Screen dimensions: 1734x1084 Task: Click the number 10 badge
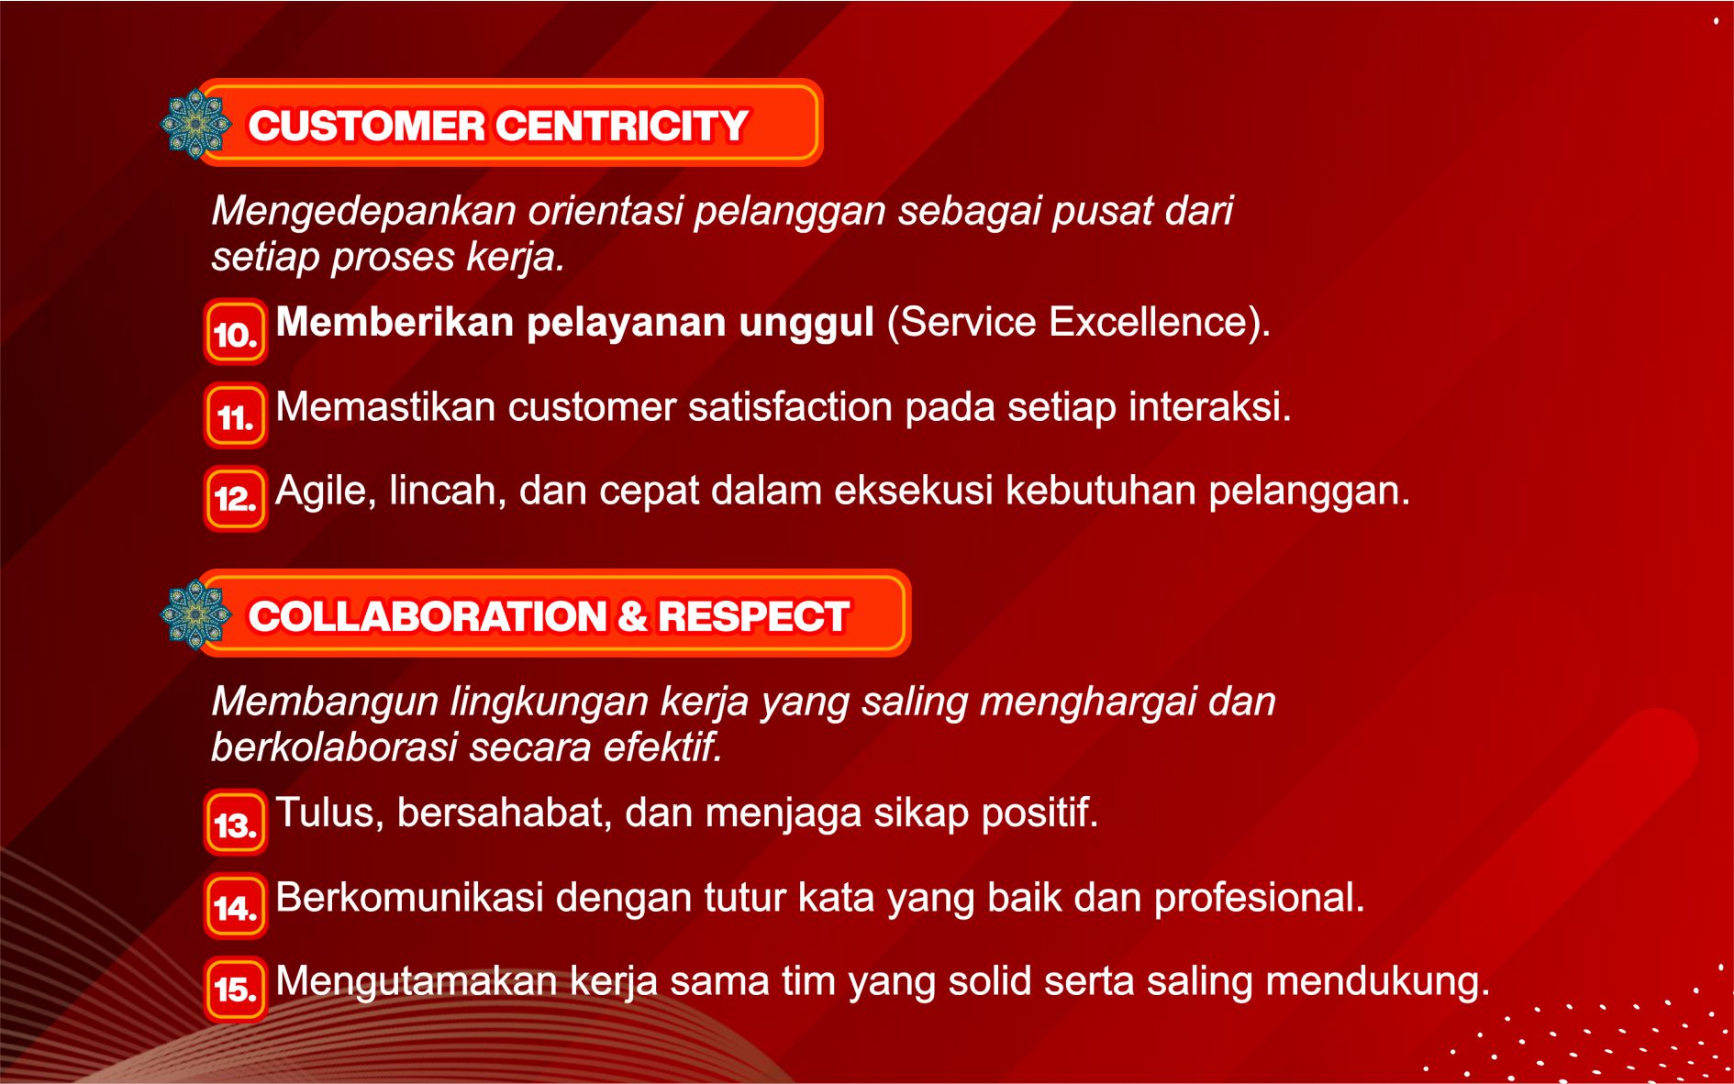pyautogui.click(x=236, y=332)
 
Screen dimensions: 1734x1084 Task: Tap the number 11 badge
pyautogui.click(x=236, y=416)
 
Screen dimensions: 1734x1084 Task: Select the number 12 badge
pyautogui.click(x=236, y=499)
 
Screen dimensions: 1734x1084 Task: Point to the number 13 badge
pyautogui.click(x=236, y=823)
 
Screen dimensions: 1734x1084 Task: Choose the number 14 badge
pyautogui.click(x=236, y=907)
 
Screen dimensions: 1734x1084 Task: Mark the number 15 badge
pyautogui.click(x=236, y=989)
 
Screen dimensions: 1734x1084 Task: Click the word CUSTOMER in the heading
pyautogui.click(x=367, y=126)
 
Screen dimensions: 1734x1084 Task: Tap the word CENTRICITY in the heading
pyautogui.click(x=623, y=126)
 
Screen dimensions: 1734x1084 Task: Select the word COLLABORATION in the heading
pyautogui.click(x=428, y=616)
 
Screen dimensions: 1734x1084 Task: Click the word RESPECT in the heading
pyautogui.click(x=753, y=616)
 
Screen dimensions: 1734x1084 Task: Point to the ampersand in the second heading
pyautogui.click(x=632, y=616)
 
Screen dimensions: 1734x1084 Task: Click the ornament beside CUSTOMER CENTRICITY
pyautogui.click(x=195, y=124)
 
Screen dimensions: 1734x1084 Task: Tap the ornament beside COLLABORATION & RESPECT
pyautogui.click(x=195, y=614)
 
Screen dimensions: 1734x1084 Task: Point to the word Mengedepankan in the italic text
pyautogui.click(x=364, y=212)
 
